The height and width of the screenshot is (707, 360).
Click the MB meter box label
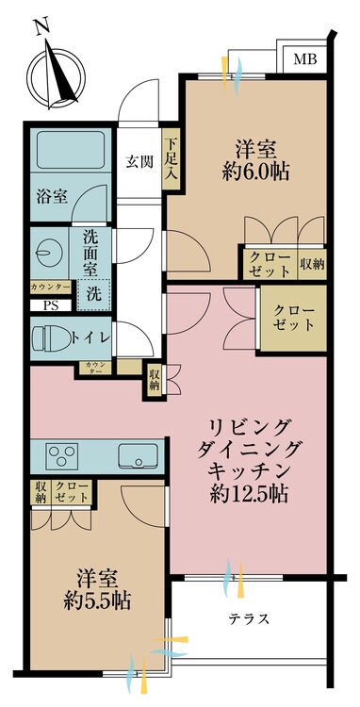point(304,59)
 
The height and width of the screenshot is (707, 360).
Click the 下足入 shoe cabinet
point(172,160)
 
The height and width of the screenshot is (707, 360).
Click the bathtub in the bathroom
point(70,150)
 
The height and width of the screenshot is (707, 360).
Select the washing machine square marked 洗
point(94,292)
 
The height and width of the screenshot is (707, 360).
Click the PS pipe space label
point(48,305)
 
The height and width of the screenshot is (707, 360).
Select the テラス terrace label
point(249,618)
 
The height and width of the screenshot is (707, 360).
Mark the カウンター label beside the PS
point(50,286)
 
